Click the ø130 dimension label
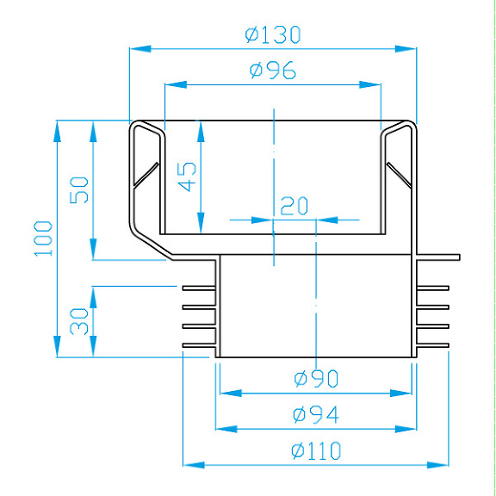pos(272,35)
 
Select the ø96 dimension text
pos(273,71)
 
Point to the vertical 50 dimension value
pos(79,189)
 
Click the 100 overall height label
pos(44,239)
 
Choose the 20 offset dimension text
pos(294,206)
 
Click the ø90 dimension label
pos(315,378)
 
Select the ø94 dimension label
pos(315,414)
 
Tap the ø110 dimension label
pos(316,450)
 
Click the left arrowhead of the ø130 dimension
pos(136,49)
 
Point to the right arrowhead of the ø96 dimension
pos(373,84)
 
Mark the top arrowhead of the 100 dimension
pos(57,127)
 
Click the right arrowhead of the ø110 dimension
pos(443,463)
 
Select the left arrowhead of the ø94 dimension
pos(222,427)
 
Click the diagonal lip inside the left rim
pos(146,176)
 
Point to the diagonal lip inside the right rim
pos(397,176)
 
